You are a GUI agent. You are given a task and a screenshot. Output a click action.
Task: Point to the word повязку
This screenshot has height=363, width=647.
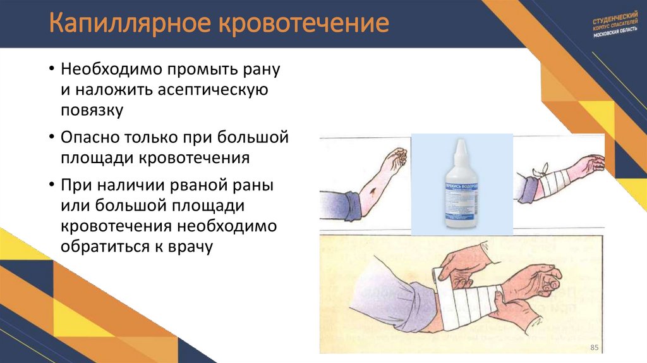click(92, 110)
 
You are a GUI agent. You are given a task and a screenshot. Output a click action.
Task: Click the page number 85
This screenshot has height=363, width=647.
click(593, 348)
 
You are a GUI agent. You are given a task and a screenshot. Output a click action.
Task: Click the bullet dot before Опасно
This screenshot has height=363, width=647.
click(51, 137)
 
